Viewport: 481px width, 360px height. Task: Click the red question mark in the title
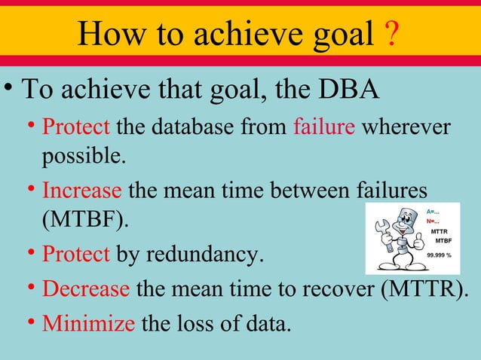click(391, 35)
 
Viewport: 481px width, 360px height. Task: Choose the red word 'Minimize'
click(88, 324)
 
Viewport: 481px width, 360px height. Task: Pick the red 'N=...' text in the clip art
click(434, 221)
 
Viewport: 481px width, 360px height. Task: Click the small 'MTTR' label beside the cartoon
click(439, 231)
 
